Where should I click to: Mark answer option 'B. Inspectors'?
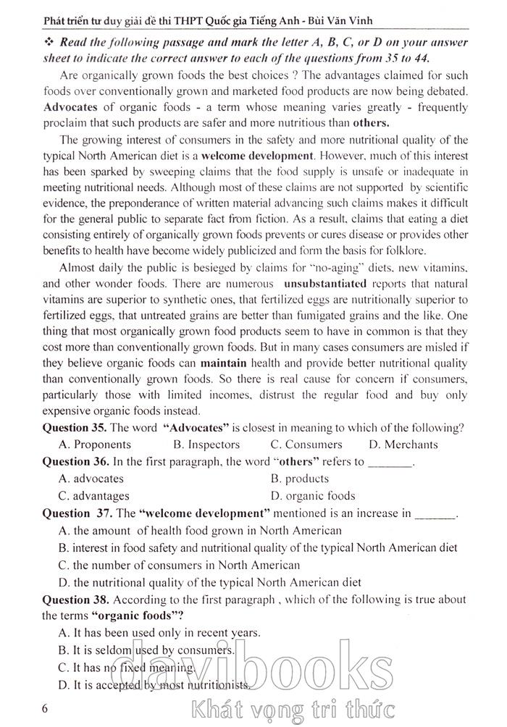[x=206, y=445]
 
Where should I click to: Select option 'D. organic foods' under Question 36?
[x=312, y=496]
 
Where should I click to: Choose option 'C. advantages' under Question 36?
[x=94, y=496]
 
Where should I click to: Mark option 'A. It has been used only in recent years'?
[x=159, y=633]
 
